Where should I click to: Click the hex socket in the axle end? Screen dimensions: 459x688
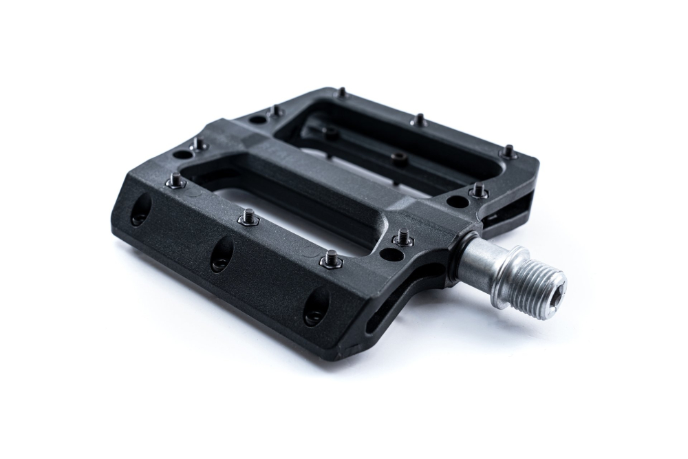[x=554, y=282]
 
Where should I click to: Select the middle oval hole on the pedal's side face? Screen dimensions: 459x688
[x=221, y=255]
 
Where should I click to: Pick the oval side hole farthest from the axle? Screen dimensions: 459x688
[x=140, y=209]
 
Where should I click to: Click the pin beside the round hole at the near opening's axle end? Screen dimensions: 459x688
[x=402, y=237]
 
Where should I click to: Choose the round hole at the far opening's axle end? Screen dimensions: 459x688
[x=455, y=202]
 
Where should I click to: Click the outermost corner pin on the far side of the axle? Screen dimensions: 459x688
[x=508, y=151]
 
